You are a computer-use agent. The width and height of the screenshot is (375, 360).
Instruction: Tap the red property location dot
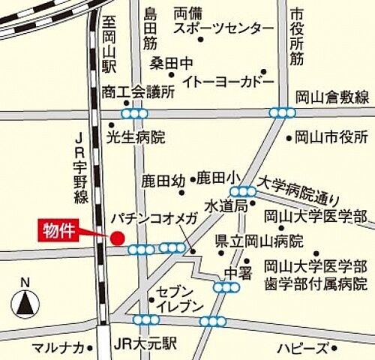pyautogui.click(x=116, y=238)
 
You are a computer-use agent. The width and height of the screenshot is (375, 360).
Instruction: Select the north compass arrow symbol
pyautogui.click(x=25, y=301)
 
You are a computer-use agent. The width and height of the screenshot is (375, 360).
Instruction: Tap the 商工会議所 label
pyautogui.click(x=138, y=92)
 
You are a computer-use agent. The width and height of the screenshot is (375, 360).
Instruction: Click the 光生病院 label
pyautogui.click(x=136, y=137)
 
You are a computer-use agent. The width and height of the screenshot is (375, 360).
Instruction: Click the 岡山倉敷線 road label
pyautogui.click(x=332, y=97)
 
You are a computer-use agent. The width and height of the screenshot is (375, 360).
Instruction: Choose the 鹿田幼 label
pyautogui.click(x=163, y=181)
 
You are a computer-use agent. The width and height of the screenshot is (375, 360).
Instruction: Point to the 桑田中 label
pyautogui.click(x=171, y=61)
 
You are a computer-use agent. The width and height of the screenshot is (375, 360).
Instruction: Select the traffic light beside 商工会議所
pyautogui.click(x=134, y=113)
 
